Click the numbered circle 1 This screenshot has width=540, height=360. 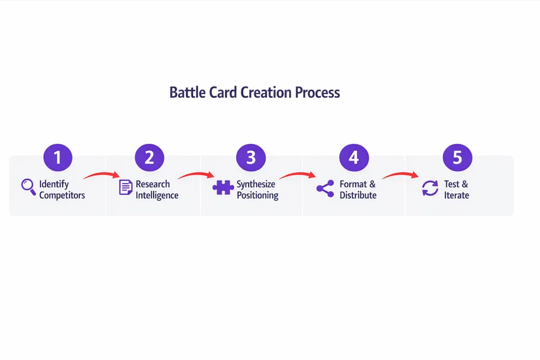pyautogui.click(x=58, y=158)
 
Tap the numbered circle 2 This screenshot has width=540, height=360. pyautogui.click(x=149, y=158)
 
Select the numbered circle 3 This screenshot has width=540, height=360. pyautogui.click(x=251, y=158)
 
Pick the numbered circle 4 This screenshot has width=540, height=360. pyautogui.click(x=353, y=158)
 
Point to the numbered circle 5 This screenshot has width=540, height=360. pyautogui.click(x=457, y=158)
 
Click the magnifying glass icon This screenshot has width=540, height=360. pyautogui.click(x=28, y=187)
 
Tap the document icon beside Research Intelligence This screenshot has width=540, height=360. pyautogui.click(x=125, y=187)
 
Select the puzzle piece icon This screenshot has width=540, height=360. pyautogui.click(x=223, y=188)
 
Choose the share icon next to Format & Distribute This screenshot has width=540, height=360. pyautogui.click(x=325, y=188)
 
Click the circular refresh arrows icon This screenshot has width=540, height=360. pyautogui.click(x=430, y=188)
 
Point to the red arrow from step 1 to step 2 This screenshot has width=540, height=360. pyautogui.click(x=101, y=175)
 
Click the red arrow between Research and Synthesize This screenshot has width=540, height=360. pyautogui.click(x=196, y=175)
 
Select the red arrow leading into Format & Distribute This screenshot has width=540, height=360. pyautogui.click(x=298, y=175)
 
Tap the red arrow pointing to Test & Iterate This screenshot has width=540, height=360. pyautogui.click(x=400, y=175)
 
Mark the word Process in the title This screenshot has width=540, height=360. pyautogui.click(x=317, y=93)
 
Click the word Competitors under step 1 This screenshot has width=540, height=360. pyautogui.click(x=62, y=195)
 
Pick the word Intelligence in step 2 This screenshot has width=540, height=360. pyautogui.click(x=157, y=195)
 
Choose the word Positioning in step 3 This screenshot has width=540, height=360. pyautogui.click(x=257, y=195)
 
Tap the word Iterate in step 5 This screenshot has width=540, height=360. pyautogui.click(x=457, y=195)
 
